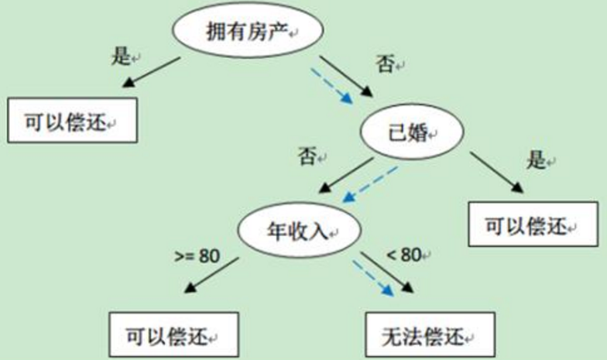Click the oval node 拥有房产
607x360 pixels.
click(x=247, y=32)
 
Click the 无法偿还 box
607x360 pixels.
click(x=429, y=334)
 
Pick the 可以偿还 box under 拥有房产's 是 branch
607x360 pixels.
click(x=72, y=122)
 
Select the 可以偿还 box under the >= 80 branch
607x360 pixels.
click(x=173, y=335)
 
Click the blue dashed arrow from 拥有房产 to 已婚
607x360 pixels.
click(x=331, y=85)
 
